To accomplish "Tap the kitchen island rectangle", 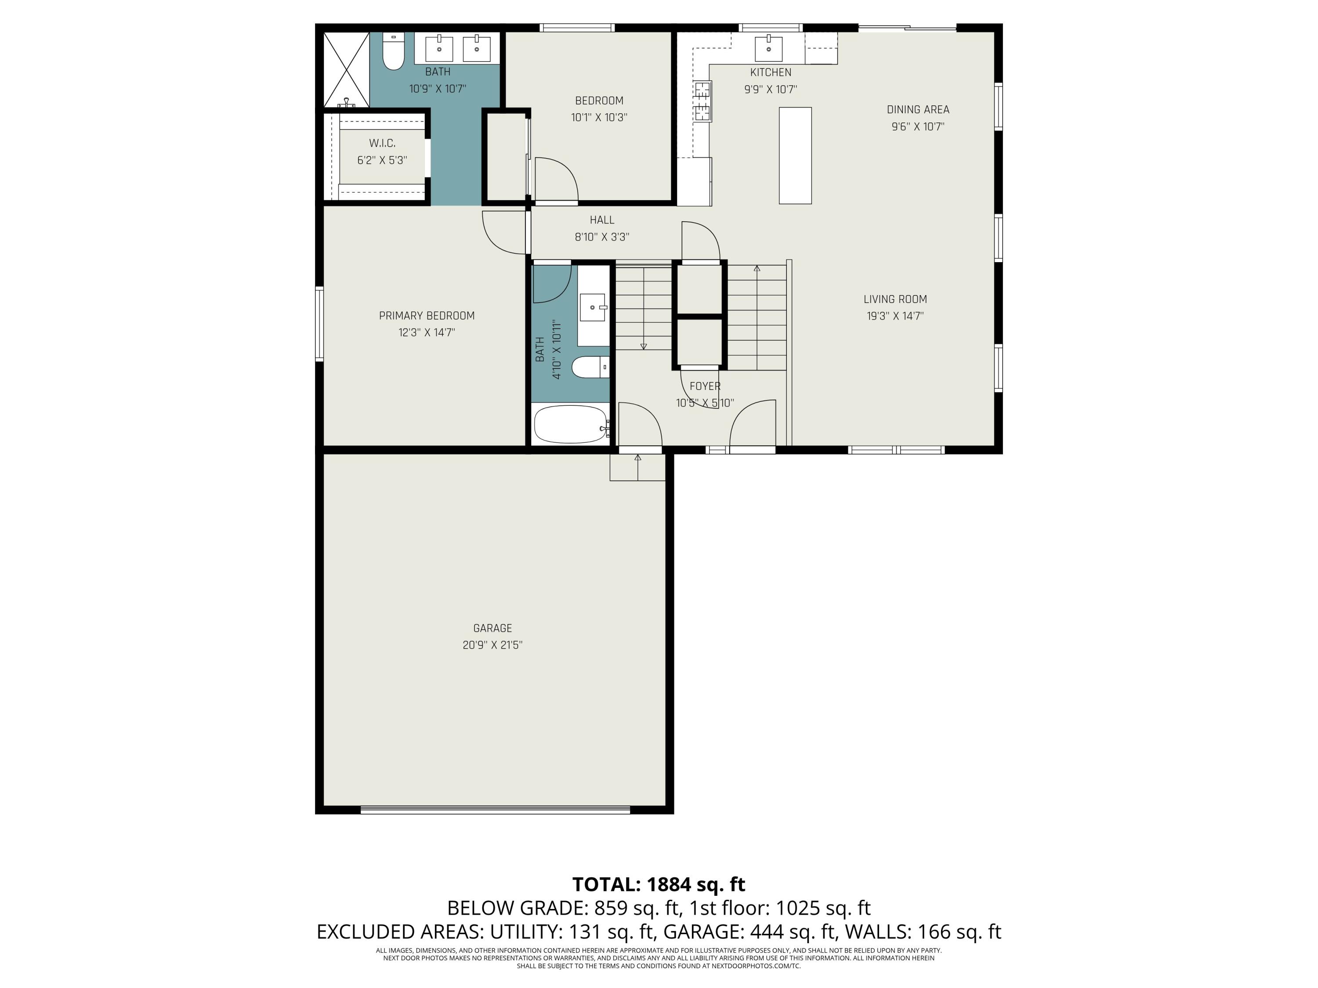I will point(795,155).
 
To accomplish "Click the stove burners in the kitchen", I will point(702,101).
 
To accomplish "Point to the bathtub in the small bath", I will point(570,424).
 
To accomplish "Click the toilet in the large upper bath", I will point(393,52).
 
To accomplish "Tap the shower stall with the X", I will point(346,69).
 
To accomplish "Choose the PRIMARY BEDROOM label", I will point(427,316).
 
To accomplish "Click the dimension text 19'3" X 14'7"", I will point(895,316).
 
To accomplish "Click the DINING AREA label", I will point(918,110).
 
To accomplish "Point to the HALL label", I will point(602,220).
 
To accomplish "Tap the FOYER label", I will point(705,386).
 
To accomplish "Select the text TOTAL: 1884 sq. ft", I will point(659,884).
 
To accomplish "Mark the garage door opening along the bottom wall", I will point(495,809).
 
